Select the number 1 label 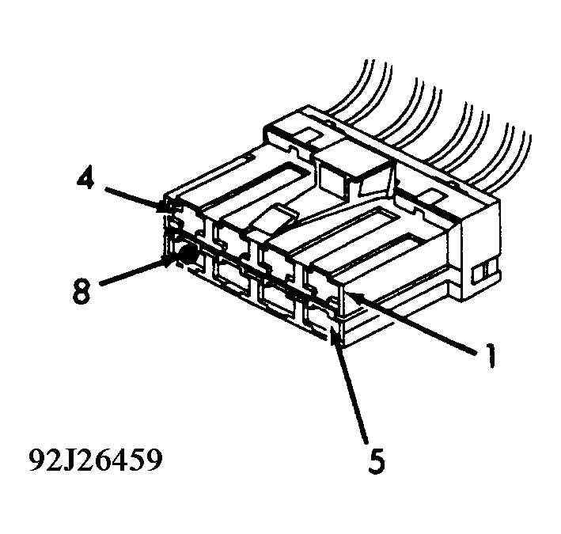click(x=491, y=358)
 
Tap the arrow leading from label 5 click(x=352, y=388)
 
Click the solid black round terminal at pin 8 click(x=188, y=255)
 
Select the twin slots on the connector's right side click(x=480, y=273)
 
